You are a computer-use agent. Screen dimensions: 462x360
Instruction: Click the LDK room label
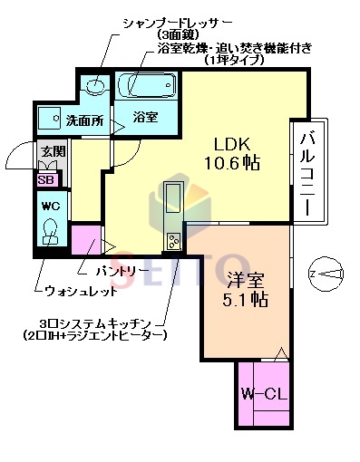click(232, 143)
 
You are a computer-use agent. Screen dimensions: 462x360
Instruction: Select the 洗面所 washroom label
click(83, 119)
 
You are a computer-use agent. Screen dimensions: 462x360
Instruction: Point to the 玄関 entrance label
click(50, 153)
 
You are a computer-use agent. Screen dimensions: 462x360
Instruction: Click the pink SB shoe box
click(45, 179)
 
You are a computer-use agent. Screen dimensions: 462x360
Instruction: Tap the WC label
click(50, 205)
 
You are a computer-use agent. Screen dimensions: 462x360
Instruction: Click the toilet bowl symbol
click(51, 235)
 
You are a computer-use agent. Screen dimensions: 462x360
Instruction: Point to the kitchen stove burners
click(173, 240)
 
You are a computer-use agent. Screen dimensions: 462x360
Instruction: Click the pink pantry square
click(86, 242)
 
